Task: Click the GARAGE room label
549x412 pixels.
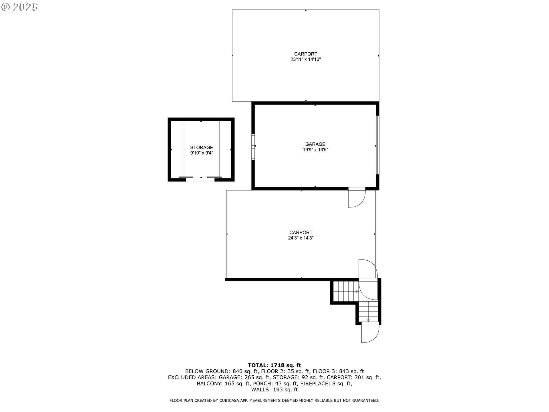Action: click(315, 144)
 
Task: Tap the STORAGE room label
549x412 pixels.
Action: click(202, 147)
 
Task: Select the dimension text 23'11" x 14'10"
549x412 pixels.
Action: click(306, 60)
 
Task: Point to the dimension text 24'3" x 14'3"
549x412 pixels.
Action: click(301, 238)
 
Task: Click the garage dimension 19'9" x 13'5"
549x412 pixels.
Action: click(315, 150)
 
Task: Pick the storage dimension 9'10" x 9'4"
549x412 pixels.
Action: click(202, 153)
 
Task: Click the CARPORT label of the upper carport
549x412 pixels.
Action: click(306, 54)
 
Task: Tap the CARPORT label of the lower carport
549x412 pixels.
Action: click(301, 232)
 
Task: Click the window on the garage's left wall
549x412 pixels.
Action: click(253, 146)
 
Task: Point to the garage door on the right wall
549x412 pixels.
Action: click(377, 145)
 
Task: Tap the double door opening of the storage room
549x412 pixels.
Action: click(200, 179)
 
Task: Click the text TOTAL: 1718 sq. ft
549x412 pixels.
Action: click(274, 365)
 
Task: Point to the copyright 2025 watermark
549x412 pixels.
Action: click(20, 7)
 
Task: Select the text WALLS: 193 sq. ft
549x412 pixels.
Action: click(274, 390)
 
